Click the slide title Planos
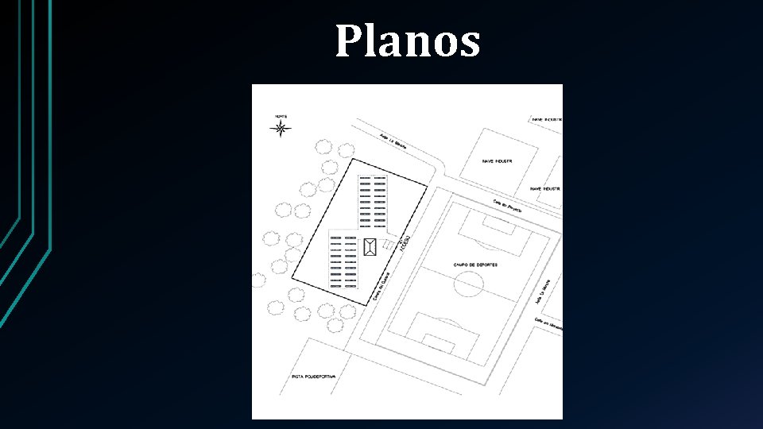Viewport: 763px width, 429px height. pos(407,41)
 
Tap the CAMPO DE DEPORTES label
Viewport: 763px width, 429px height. pos(475,265)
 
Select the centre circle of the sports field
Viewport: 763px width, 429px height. pos(469,284)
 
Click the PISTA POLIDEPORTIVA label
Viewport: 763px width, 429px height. pos(314,376)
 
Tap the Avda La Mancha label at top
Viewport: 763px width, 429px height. pos(393,141)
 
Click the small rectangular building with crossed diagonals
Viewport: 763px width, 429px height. pos(370,246)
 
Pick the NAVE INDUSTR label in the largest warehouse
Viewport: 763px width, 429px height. pos(497,160)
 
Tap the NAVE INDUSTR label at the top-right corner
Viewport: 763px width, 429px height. pos(546,119)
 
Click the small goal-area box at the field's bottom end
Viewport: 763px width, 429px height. pos(438,343)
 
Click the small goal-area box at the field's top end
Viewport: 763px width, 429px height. pos(498,224)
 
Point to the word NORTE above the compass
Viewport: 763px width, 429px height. pos(281,116)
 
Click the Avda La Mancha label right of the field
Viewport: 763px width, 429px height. pos(544,290)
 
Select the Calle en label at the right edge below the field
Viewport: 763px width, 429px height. pos(548,324)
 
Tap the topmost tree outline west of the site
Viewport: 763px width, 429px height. pos(323,147)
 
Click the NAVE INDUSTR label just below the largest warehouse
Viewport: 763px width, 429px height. pos(545,189)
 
